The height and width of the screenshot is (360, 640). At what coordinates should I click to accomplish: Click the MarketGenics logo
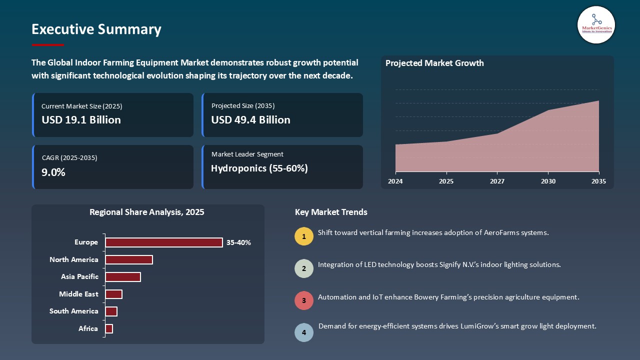click(596, 24)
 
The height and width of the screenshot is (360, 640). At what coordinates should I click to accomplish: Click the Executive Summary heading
click(96, 29)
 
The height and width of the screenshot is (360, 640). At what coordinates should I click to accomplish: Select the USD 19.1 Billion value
click(81, 120)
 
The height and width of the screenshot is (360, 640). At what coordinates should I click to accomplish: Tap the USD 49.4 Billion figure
click(250, 120)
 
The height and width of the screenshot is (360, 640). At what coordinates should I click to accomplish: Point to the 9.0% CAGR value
click(53, 172)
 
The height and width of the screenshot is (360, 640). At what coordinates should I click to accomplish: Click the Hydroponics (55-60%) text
click(259, 168)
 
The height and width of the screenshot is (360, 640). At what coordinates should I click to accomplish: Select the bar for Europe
click(163, 242)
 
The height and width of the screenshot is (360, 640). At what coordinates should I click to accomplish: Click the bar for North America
click(128, 259)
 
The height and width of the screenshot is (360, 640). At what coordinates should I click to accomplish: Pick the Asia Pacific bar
click(123, 277)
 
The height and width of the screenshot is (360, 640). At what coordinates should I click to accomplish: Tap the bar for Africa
click(109, 328)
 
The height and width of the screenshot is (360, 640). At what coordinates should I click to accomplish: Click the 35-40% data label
click(238, 243)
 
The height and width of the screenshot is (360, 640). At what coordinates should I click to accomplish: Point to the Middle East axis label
click(78, 294)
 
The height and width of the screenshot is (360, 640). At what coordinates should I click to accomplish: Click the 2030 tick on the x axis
click(548, 181)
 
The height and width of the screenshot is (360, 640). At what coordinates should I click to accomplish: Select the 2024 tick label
click(395, 181)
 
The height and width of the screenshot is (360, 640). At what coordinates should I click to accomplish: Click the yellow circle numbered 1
click(304, 236)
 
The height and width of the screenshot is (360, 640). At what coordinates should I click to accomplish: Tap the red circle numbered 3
click(304, 300)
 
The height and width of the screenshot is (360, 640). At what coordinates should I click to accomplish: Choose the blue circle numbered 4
click(304, 332)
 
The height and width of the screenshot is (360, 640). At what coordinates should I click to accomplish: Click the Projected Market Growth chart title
click(434, 63)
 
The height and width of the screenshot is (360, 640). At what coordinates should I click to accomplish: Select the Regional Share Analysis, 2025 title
click(146, 212)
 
